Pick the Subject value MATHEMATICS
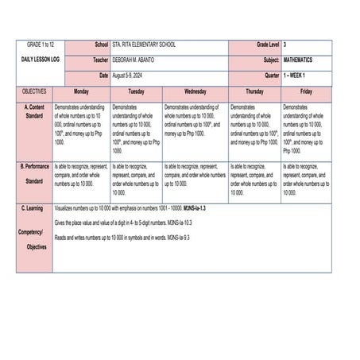pos(298,60)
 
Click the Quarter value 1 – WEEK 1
pos(294,75)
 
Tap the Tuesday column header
pos(136,91)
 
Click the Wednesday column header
pos(195,91)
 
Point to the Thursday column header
pos(254,91)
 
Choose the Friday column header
pos(306,91)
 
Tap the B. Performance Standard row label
pos(34,173)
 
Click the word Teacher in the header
pos(100,60)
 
